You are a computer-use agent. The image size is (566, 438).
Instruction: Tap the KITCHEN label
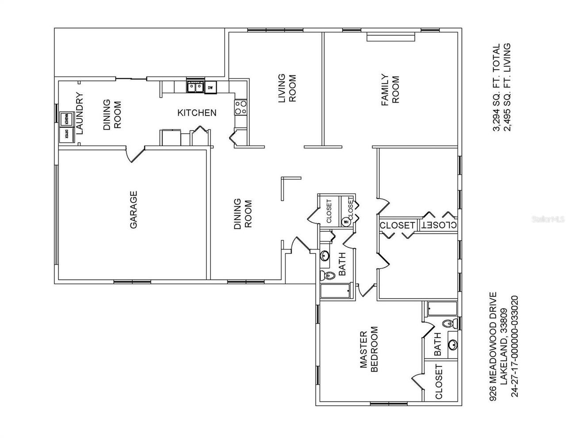[197, 113]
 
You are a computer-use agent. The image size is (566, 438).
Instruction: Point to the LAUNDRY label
[80, 113]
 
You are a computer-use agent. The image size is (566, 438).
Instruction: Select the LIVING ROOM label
[287, 88]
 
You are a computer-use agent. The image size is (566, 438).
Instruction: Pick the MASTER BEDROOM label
[369, 350]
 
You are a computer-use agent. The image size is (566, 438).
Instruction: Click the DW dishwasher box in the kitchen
[210, 87]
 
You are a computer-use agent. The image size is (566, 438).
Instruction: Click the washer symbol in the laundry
[66, 118]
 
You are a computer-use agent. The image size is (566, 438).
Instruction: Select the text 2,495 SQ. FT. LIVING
[507, 87]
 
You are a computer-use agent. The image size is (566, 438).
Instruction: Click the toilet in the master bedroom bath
[449, 323]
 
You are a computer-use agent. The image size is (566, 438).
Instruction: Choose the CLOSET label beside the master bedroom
[439, 381]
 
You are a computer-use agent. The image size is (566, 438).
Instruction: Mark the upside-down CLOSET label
[439, 225]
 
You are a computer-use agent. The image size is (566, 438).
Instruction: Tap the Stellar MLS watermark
[549, 219]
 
